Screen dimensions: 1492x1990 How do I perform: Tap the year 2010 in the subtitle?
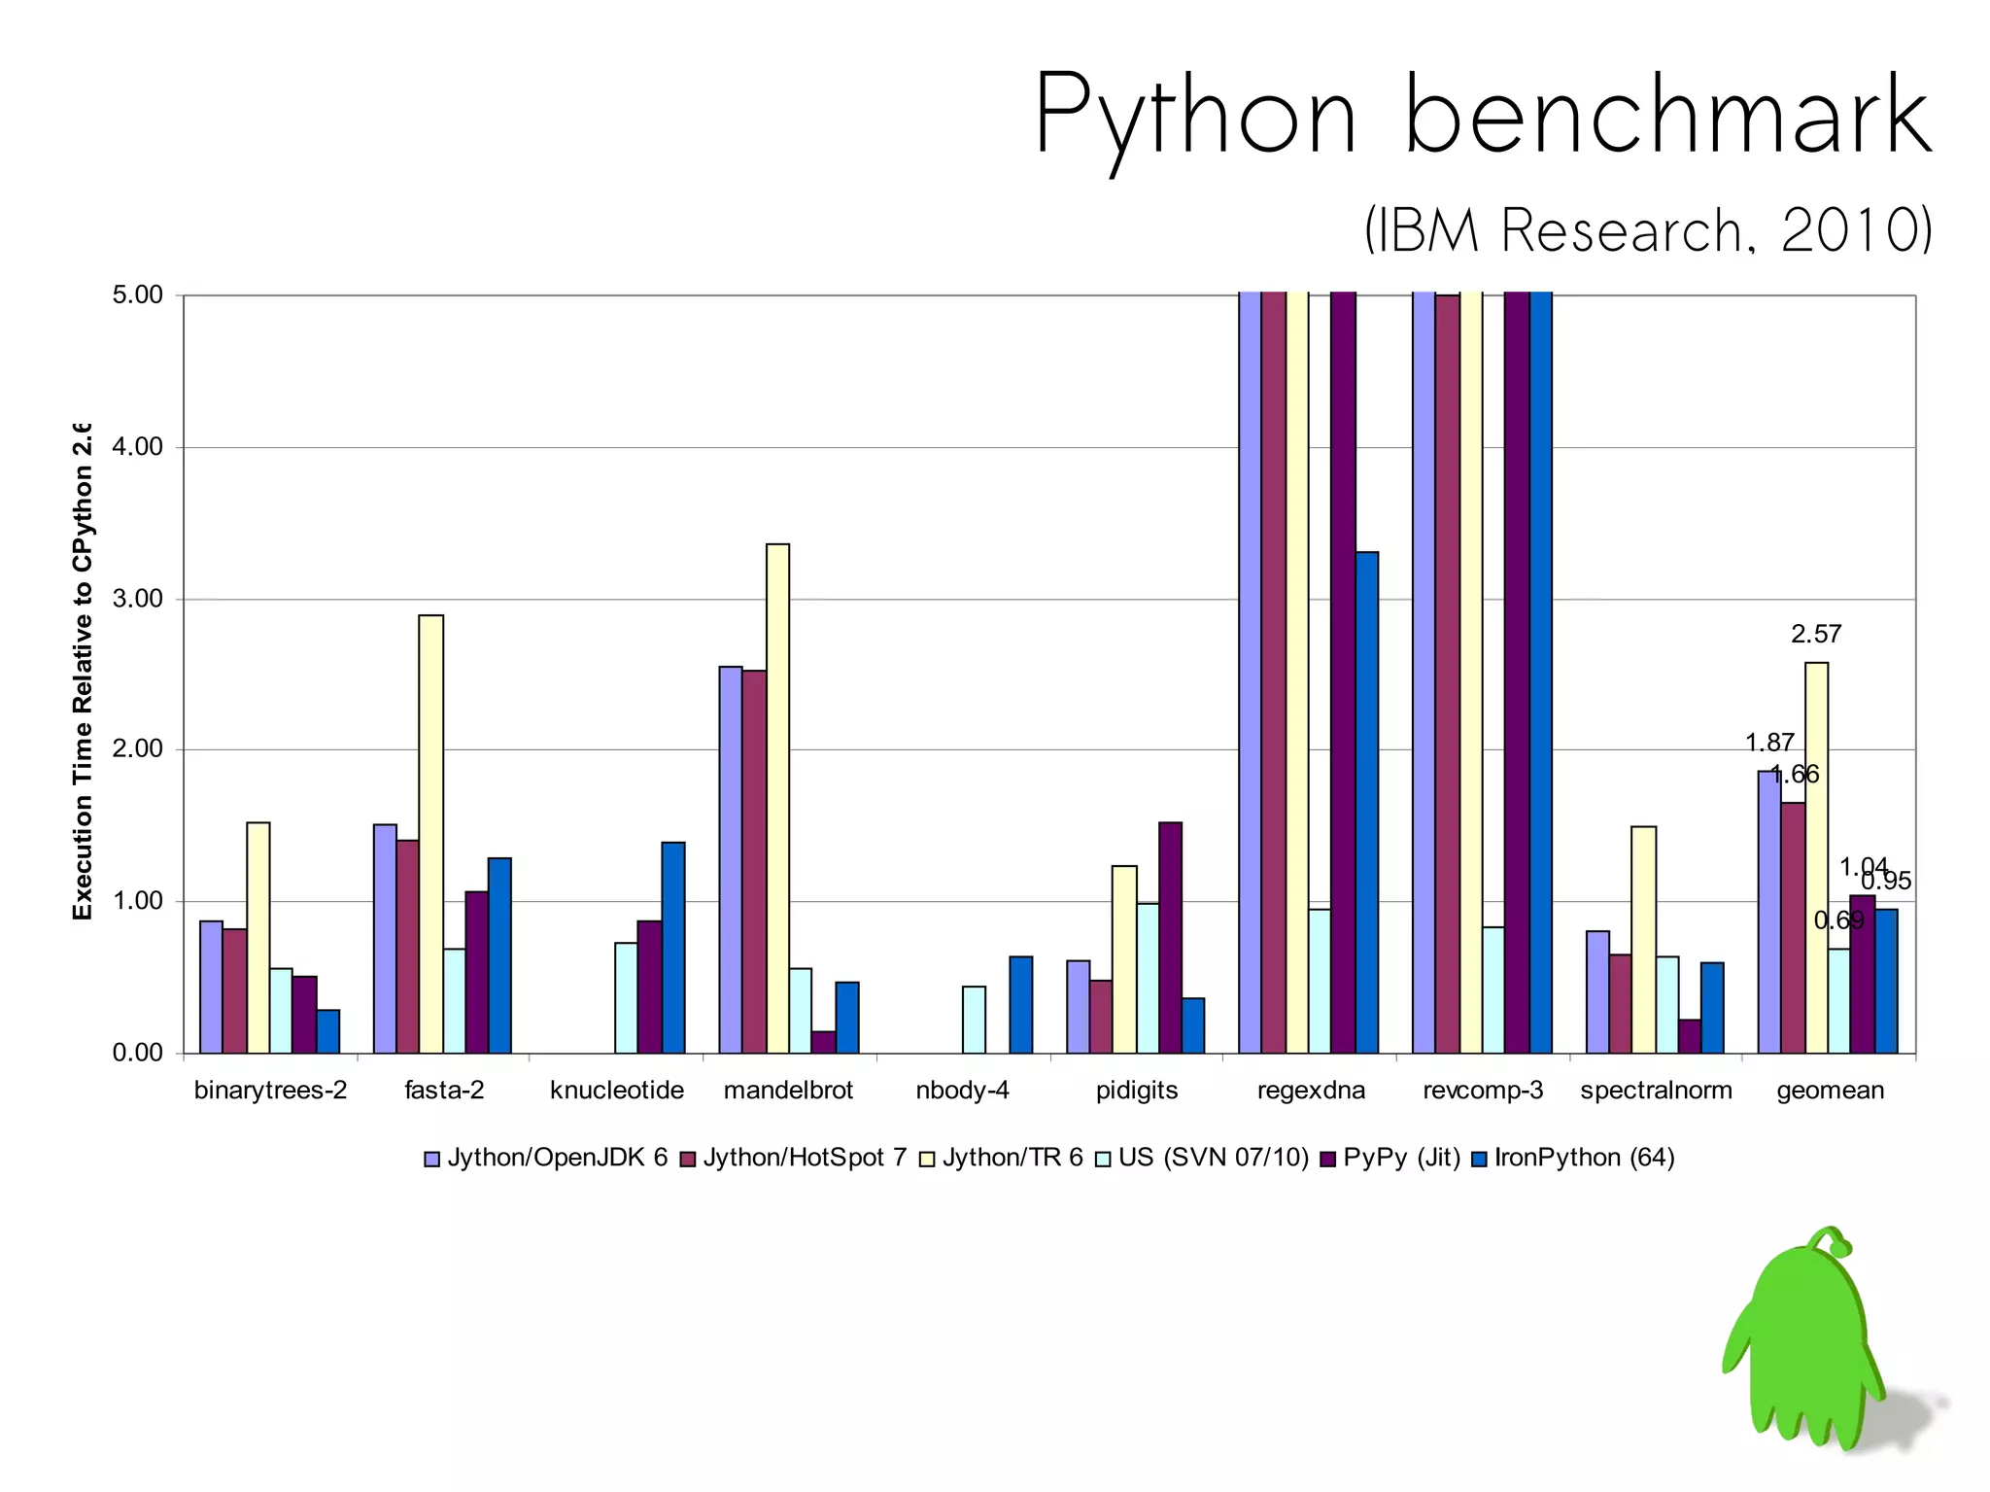click(x=1854, y=231)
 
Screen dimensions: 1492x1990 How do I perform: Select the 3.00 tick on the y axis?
click(x=138, y=599)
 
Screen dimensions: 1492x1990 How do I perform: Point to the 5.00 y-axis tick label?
click(x=138, y=295)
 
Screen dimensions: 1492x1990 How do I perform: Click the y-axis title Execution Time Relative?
click(x=83, y=671)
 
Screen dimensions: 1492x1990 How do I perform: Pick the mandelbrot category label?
click(x=788, y=1091)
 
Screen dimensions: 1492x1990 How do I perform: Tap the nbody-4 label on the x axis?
click(x=962, y=1091)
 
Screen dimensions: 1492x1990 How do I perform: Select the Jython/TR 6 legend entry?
click(x=1012, y=1158)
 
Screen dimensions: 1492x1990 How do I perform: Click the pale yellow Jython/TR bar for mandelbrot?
click(x=777, y=797)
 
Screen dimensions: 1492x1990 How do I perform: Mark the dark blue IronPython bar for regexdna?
click(x=1366, y=802)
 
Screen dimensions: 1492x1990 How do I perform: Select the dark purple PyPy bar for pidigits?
click(x=1170, y=937)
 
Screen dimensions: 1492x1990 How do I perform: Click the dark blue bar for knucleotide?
click(x=673, y=947)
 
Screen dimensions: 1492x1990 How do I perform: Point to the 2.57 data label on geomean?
click(x=1816, y=635)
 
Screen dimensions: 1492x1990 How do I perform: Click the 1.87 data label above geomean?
click(x=1768, y=744)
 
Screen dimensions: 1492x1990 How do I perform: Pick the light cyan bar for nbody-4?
click(x=974, y=1020)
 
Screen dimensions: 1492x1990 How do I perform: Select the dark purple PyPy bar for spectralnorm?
click(x=1690, y=1036)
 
